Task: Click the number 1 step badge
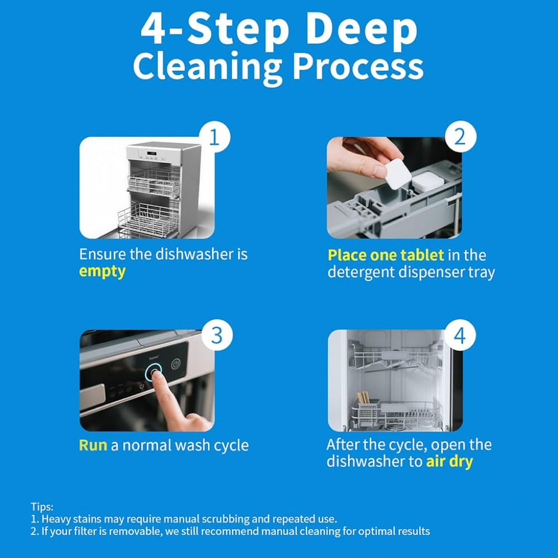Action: coord(214,137)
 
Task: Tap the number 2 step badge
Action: coord(460,137)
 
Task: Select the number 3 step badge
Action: coord(217,335)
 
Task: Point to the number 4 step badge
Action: coord(460,335)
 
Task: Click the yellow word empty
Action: coord(102,272)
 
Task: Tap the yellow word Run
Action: coord(93,445)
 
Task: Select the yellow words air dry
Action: coord(449,462)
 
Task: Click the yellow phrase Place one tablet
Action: coord(386,255)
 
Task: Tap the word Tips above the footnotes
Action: coord(42,506)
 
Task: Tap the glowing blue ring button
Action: coord(153,373)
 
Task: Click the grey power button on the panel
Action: coord(176,364)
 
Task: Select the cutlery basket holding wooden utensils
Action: coord(367,412)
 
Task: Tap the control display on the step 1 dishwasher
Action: coord(152,153)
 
